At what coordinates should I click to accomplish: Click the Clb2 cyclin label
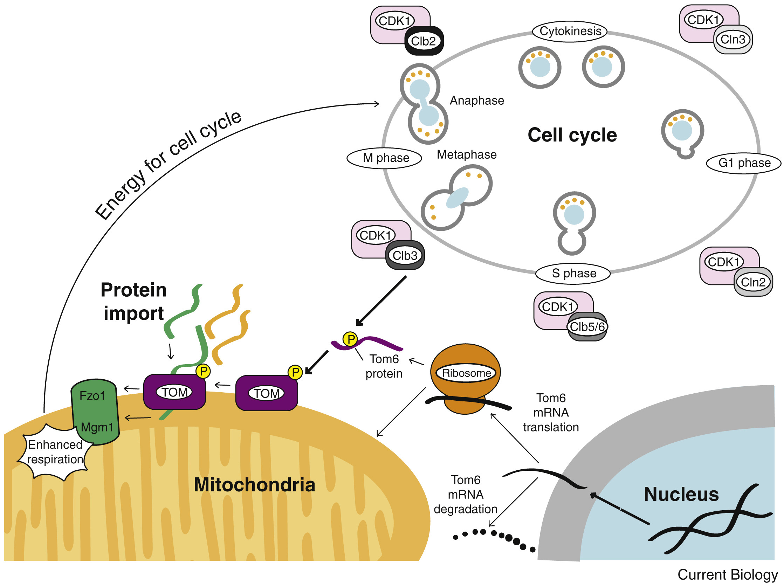click(424, 41)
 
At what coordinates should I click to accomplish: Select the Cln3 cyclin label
click(733, 39)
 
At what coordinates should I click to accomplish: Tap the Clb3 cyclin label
click(405, 255)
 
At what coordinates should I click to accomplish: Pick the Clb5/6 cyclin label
click(587, 327)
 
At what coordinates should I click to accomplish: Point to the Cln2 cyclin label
click(753, 282)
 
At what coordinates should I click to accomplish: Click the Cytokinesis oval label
click(570, 31)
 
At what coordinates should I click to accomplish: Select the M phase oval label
click(386, 158)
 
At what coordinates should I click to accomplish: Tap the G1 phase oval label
click(744, 163)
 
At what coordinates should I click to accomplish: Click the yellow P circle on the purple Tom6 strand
click(350, 339)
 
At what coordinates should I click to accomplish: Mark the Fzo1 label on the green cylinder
click(92, 396)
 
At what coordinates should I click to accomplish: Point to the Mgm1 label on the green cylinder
click(97, 427)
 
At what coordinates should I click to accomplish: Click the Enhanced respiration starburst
click(55, 453)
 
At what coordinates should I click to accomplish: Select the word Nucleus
click(681, 495)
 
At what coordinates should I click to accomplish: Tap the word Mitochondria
click(254, 485)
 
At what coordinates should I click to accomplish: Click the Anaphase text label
click(477, 101)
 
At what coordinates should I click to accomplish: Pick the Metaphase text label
click(466, 155)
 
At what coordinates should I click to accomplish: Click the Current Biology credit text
click(727, 575)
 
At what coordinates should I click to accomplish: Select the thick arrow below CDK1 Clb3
click(381, 301)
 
